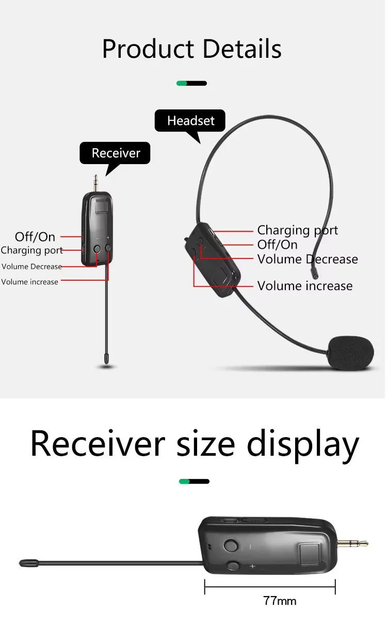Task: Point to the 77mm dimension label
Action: coord(280,601)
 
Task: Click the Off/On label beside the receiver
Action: coord(35,237)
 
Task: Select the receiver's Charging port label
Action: coord(31,250)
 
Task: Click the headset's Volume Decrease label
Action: coord(308,259)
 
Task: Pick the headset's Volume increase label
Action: coord(305,286)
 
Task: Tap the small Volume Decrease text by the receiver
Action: coord(31,266)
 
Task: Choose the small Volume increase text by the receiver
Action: coord(29,282)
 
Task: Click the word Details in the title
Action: coord(242,49)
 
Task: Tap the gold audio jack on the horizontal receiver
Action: coord(352,544)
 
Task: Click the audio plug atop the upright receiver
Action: coord(95,183)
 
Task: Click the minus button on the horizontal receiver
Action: coord(231,545)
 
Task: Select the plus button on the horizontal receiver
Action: coord(233,566)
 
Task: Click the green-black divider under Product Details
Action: coord(191,83)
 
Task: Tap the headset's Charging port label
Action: coord(297,230)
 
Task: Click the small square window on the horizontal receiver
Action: coord(309,555)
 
